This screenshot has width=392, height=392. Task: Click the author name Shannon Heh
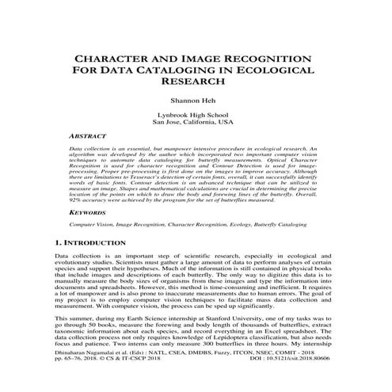tap(195, 102)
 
